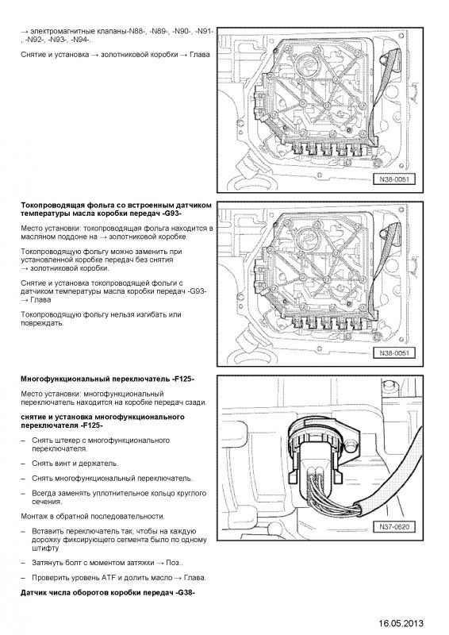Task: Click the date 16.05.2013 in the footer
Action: click(401, 623)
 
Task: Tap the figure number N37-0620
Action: click(394, 527)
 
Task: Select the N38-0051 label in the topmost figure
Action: click(394, 179)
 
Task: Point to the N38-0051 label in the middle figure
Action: click(394, 352)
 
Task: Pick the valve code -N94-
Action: click(82, 40)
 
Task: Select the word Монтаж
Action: click(33, 517)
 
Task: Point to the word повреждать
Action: click(42, 323)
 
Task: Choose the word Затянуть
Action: click(48, 563)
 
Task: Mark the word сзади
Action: click(197, 402)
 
